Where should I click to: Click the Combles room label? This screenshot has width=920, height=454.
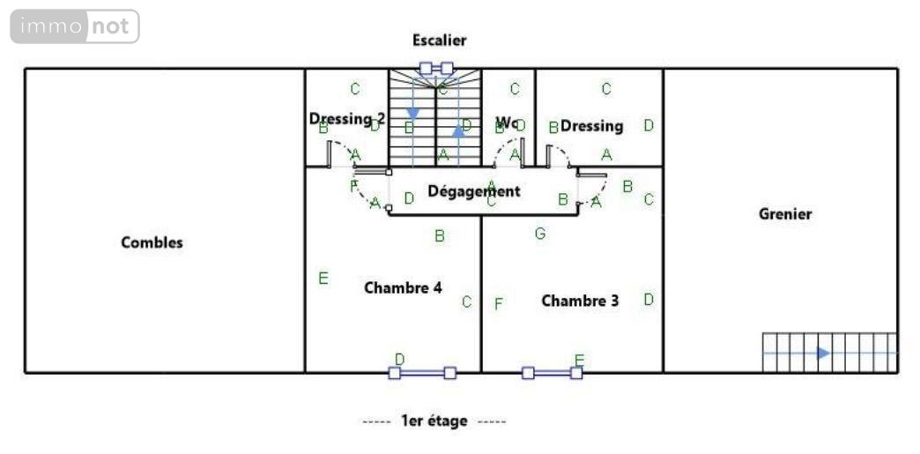[x=152, y=242]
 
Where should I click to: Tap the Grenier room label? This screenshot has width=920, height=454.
[x=784, y=213]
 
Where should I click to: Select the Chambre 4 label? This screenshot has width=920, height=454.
[x=403, y=287]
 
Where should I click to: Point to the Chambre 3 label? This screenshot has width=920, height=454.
[x=580, y=301]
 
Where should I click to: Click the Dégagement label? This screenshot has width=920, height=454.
[x=473, y=190]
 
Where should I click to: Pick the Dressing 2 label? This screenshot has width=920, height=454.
[x=347, y=118]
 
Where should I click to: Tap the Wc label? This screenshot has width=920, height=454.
[x=507, y=121]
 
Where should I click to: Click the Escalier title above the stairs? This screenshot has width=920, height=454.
[x=439, y=40]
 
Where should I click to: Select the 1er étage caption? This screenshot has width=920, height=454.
[x=434, y=421]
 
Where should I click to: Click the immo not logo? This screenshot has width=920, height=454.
[x=75, y=26]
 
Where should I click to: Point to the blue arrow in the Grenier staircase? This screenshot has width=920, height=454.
[x=822, y=353]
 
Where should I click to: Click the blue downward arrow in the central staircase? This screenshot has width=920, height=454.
[x=412, y=114]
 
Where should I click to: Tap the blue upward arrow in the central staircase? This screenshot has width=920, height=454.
[x=458, y=131]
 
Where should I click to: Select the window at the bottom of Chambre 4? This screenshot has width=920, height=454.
[x=422, y=373]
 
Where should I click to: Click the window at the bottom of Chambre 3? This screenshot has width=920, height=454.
[x=552, y=373]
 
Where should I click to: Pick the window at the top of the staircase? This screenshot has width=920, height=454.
[x=436, y=67]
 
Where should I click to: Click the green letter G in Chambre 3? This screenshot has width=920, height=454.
[x=540, y=234]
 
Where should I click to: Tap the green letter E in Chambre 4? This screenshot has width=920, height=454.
[x=323, y=279]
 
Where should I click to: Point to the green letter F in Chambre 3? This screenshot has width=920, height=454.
[x=499, y=304]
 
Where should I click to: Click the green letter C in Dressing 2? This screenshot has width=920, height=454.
[x=355, y=88]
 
